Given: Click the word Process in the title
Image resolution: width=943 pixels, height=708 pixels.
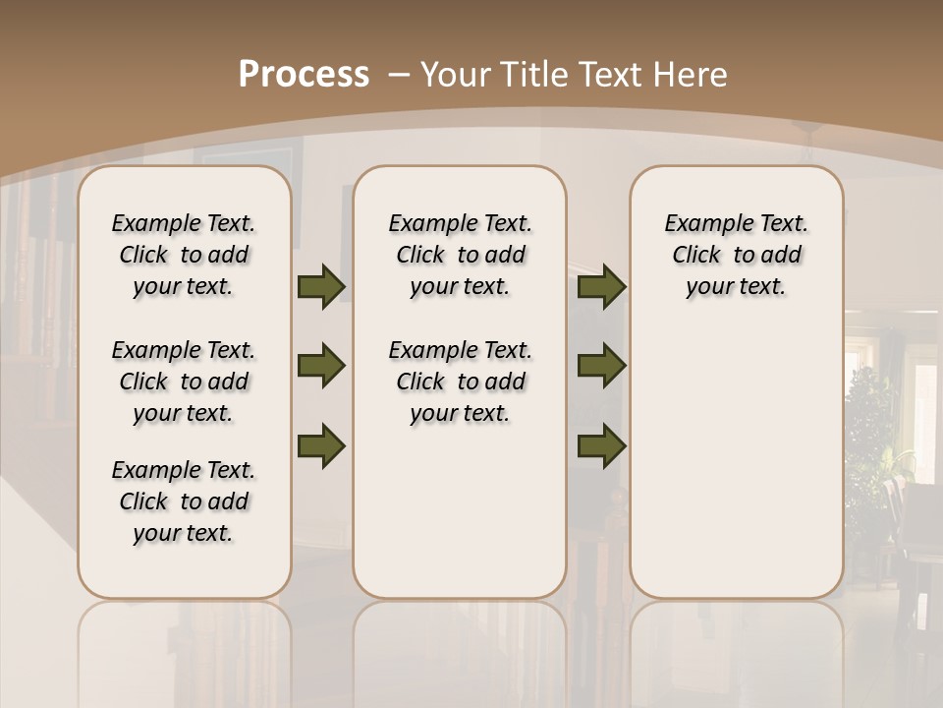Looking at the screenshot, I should tap(304, 75).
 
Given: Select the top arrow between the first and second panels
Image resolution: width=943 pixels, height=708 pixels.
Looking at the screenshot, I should tap(321, 286).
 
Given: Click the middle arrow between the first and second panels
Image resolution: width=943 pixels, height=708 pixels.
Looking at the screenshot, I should tap(321, 366).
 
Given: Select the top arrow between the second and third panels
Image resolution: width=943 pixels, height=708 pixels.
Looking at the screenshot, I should tap(601, 286).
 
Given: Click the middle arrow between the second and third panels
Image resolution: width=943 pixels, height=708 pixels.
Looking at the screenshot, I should tap(601, 366).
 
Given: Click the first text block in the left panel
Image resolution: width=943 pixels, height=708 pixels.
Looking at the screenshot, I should tap(184, 255).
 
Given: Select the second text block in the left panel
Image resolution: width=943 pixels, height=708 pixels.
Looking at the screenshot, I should tap(184, 382).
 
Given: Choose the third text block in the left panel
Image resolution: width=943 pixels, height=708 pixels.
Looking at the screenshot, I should tap(184, 501).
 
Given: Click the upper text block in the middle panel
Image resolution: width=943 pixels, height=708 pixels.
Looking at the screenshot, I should tap(460, 255).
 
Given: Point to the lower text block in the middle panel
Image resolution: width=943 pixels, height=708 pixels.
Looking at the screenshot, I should tap(460, 382).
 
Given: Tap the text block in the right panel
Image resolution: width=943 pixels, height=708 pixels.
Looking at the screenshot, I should tap(736, 255).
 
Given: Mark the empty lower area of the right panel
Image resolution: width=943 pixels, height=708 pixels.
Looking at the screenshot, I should tap(736, 462).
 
